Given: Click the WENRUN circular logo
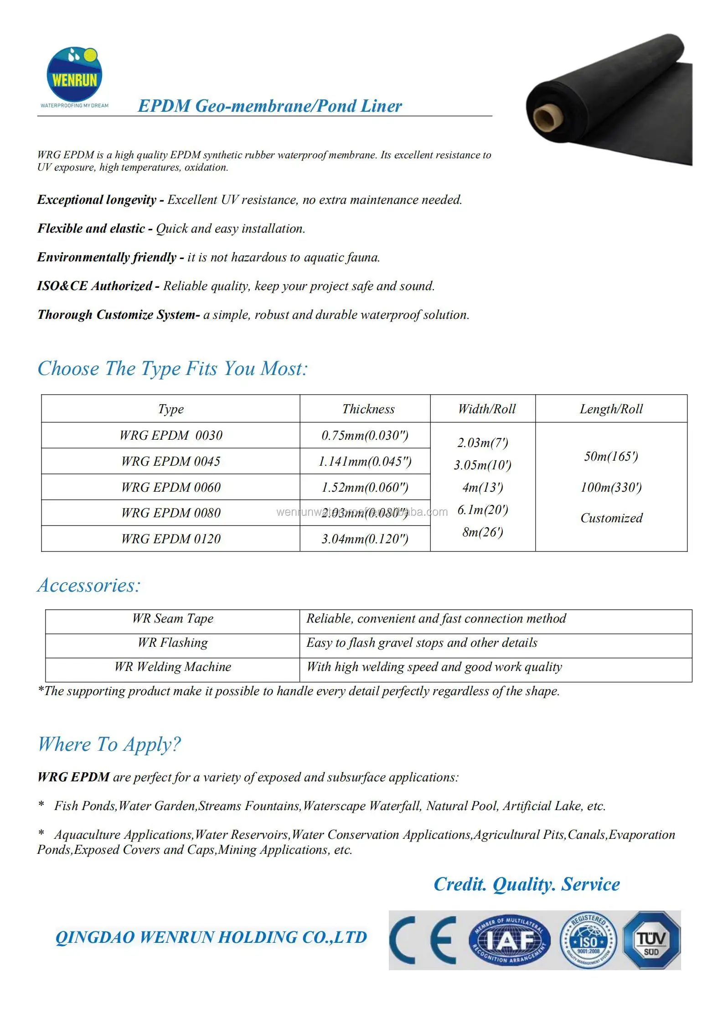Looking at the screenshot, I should (74, 74).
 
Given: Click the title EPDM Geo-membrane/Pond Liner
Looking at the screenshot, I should (270, 106).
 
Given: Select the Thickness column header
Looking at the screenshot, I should (368, 409).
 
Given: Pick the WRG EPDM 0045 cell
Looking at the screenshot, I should (170, 461).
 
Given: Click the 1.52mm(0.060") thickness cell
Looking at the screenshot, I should (365, 487).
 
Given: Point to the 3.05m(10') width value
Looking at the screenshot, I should (482, 465).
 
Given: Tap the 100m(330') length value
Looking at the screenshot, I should (611, 487).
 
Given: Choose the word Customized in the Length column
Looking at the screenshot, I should (611, 518).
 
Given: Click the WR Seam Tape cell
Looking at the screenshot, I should (172, 619).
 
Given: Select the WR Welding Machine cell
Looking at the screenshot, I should (172, 667).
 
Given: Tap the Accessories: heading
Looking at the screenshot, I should (89, 585).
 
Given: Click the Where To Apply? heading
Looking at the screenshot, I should (109, 744).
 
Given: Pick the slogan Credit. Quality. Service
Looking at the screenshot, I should (527, 884).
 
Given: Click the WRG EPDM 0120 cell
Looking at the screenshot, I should (170, 539).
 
